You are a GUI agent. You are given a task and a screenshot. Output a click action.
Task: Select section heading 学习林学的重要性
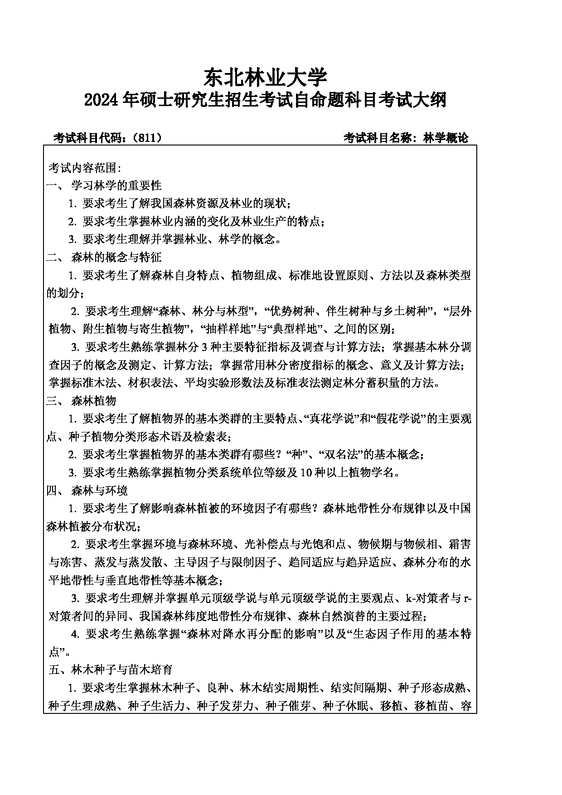(116, 185)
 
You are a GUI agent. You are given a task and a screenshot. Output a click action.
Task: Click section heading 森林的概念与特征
(116, 257)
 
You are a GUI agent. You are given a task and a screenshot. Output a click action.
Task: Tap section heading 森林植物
(94, 401)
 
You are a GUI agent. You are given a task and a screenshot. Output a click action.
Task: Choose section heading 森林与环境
(100, 490)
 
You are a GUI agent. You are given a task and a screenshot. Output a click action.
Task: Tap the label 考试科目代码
(88, 138)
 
